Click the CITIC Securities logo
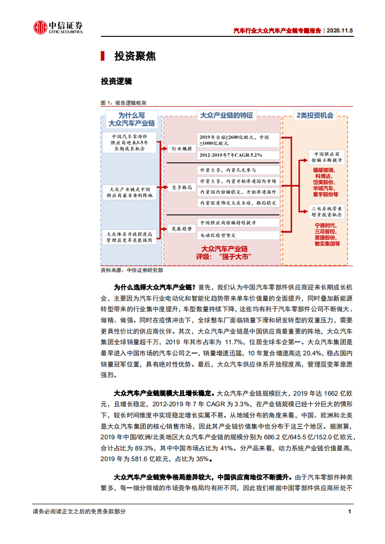point(58,28)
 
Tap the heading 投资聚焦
point(135,56)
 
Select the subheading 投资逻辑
point(116,81)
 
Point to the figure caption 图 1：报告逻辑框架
point(123,103)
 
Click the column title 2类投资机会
point(315,115)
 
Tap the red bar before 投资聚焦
point(102,56)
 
